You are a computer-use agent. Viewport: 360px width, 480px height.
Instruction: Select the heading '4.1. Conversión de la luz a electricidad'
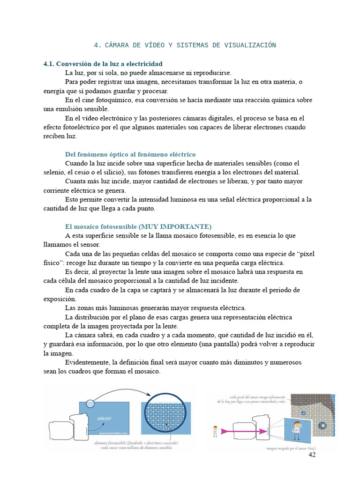point(103,63)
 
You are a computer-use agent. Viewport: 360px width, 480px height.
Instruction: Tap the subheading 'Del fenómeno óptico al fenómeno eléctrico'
point(130,154)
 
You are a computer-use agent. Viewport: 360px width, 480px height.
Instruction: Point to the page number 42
point(312,455)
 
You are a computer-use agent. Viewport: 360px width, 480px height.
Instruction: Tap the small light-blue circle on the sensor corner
point(90,403)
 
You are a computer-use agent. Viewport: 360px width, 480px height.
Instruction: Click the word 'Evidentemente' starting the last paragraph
point(88,362)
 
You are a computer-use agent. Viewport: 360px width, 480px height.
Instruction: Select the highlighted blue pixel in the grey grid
point(303,413)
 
